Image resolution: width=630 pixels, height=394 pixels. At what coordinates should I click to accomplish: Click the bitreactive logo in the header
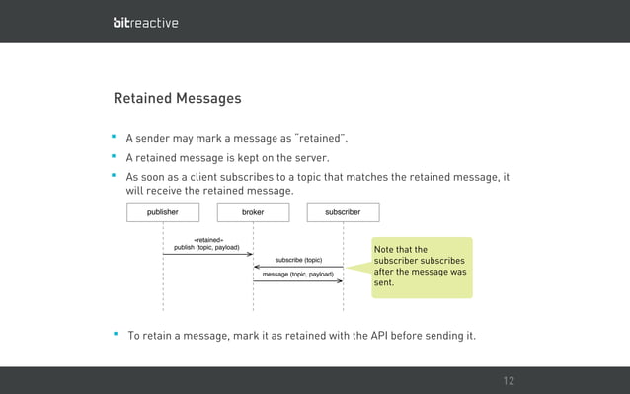tap(145, 22)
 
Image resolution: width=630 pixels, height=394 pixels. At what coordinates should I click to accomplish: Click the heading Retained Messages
tap(177, 99)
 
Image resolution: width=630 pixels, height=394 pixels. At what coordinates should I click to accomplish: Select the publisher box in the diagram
tap(163, 212)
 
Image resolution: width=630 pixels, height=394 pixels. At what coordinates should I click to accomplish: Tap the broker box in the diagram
tap(253, 212)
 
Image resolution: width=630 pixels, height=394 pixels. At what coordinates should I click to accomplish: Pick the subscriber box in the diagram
tap(343, 212)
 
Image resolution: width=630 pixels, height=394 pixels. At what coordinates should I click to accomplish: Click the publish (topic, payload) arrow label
tap(206, 247)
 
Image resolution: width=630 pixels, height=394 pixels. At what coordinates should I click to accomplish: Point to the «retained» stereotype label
tap(207, 239)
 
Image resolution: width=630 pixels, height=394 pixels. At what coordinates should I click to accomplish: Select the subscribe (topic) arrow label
tap(298, 260)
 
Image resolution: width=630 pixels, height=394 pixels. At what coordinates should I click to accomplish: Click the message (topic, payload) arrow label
tap(297, 274)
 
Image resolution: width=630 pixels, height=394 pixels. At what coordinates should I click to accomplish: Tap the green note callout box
tap(422, 267)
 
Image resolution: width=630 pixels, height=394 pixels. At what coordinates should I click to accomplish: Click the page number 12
tap(509, 381)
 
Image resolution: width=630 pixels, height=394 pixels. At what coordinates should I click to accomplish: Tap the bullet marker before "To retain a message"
tap(116, 335)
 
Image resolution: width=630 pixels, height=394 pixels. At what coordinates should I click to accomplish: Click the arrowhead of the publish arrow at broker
tap(250, 254)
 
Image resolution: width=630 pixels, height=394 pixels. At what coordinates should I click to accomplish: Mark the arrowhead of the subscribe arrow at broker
tap(257, 267)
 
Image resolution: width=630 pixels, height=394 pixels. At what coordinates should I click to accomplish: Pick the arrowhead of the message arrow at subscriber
tap(340, 280)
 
